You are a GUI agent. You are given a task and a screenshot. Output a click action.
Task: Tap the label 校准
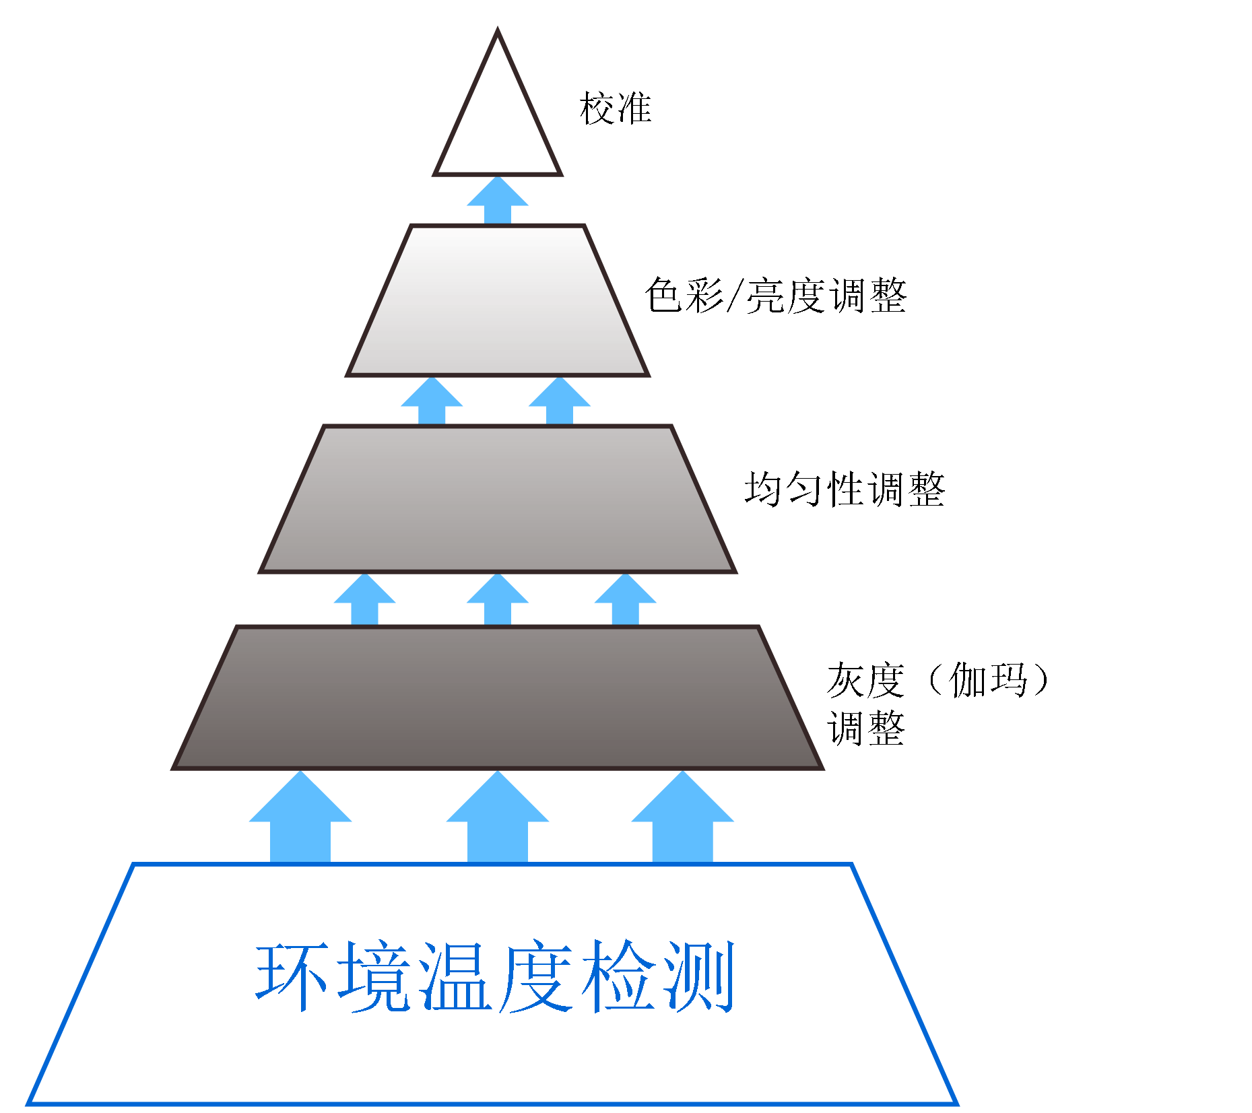616,108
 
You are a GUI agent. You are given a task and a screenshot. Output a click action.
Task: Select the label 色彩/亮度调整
776,296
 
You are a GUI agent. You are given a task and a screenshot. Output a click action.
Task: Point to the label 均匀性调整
845,489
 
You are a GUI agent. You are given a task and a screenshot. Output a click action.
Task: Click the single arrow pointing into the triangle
498,200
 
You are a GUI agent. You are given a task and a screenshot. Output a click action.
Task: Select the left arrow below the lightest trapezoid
432,401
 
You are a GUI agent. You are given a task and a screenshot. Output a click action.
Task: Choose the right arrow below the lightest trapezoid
560,401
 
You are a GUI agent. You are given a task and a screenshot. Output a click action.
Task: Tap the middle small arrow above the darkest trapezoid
498,600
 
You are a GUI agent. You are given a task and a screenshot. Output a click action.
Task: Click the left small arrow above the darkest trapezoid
364,600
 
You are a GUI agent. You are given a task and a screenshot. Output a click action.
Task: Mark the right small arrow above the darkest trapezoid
626,600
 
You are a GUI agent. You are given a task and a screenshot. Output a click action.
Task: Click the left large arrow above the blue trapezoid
300,818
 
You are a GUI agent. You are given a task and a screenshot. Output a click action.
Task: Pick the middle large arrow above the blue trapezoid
498,818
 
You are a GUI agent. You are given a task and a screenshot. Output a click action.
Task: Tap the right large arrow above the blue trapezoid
682,818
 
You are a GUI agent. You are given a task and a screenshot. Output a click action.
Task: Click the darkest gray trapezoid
498,698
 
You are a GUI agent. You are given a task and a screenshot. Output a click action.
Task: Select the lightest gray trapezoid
498,300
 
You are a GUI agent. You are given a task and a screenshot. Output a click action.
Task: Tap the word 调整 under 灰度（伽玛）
866,729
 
